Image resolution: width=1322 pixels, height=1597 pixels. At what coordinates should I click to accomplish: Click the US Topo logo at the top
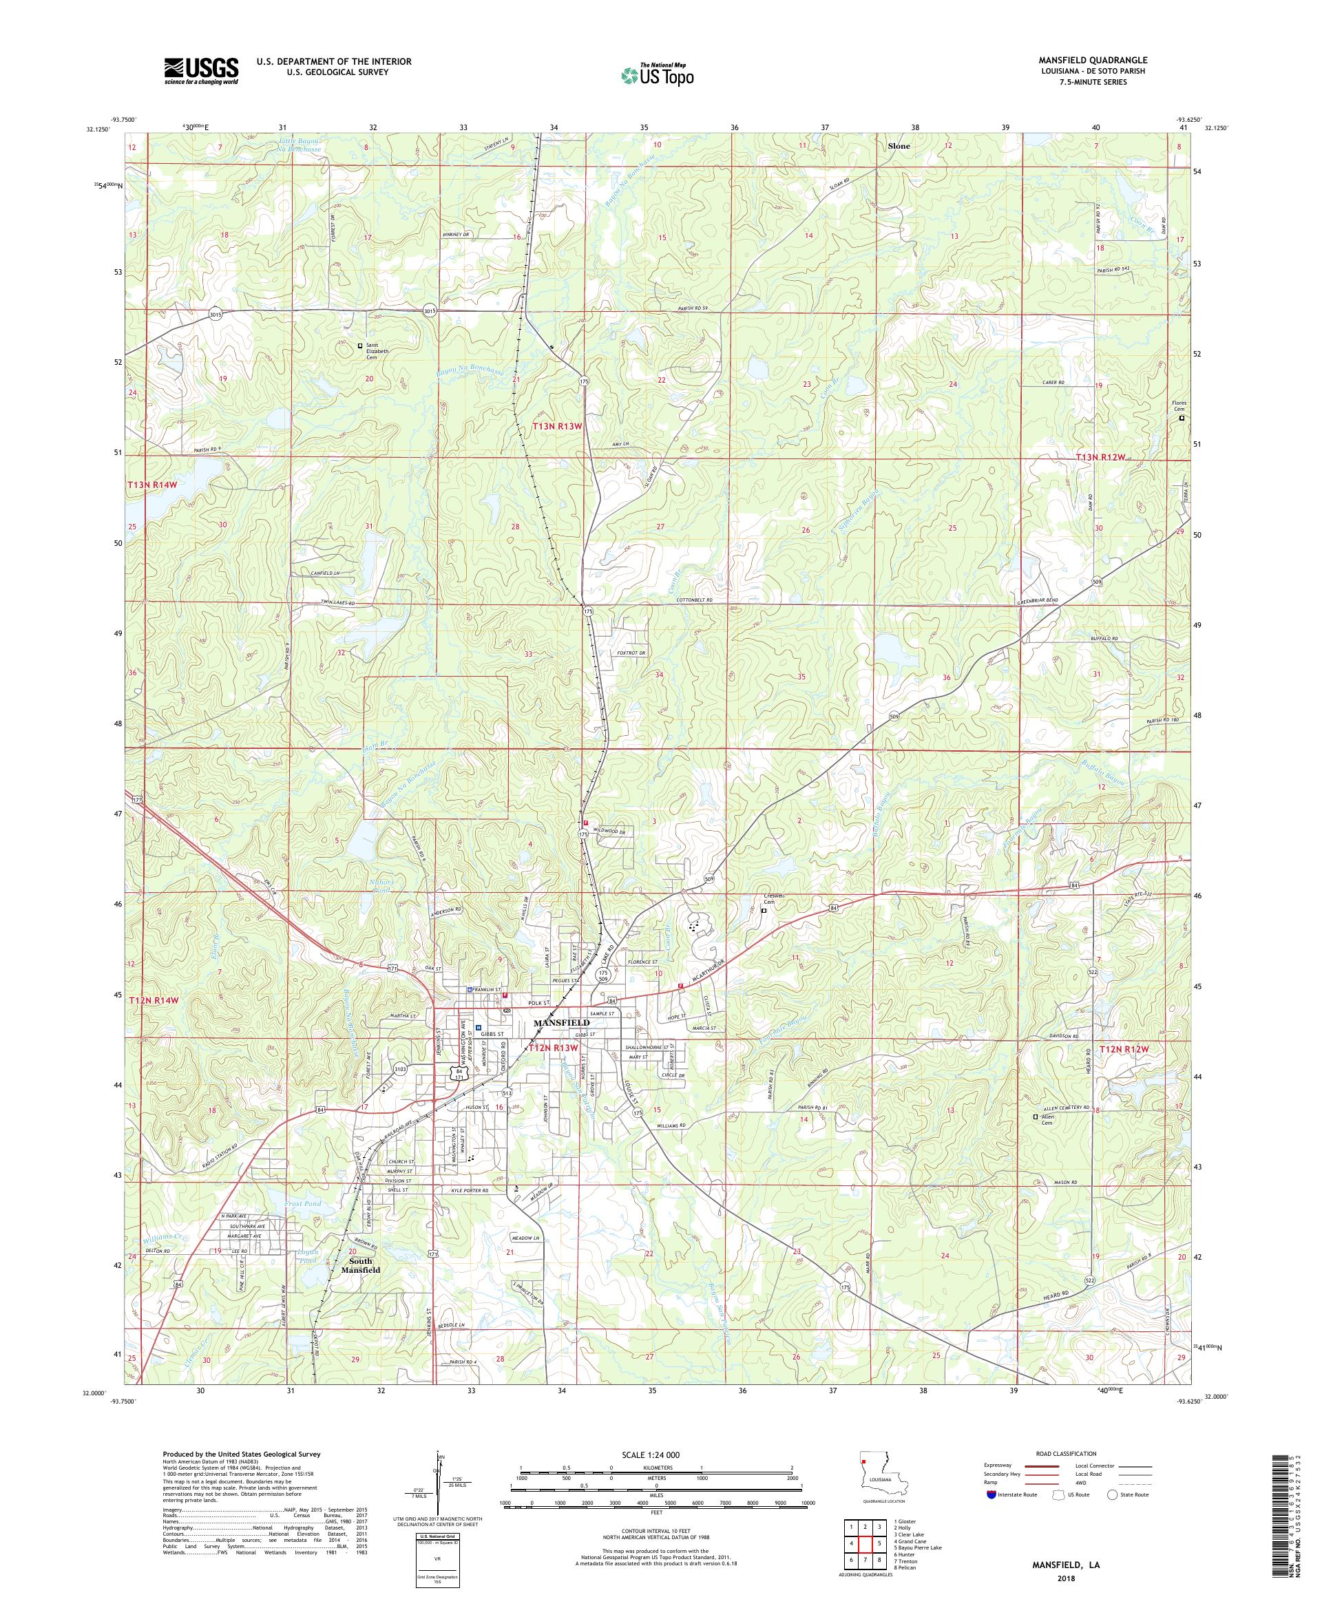point(658,74)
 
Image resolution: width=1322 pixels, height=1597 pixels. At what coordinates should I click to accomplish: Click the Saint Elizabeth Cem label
point(377,350)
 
